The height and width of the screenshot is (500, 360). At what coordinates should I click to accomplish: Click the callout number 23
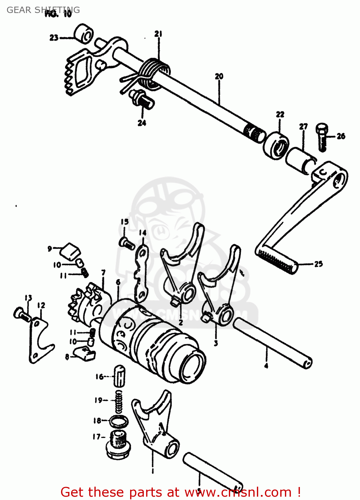pos(54,38)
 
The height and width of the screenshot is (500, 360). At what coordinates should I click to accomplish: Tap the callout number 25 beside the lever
pos(319,264)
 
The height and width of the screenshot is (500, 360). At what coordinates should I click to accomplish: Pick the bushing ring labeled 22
pos(277,146)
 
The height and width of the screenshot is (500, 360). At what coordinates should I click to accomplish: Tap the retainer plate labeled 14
pos(142,272)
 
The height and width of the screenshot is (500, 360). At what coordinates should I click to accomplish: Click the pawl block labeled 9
pos(71,251)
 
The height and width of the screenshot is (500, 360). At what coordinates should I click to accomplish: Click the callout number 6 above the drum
pos(118,282)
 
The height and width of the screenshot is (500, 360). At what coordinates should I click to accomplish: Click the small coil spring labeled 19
pos(118,402)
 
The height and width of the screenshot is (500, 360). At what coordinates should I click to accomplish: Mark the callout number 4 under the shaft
pos(266,366)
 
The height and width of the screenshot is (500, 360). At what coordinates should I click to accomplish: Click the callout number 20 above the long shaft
pos(219,76)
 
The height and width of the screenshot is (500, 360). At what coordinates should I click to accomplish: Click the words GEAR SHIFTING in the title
pos(43,10)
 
